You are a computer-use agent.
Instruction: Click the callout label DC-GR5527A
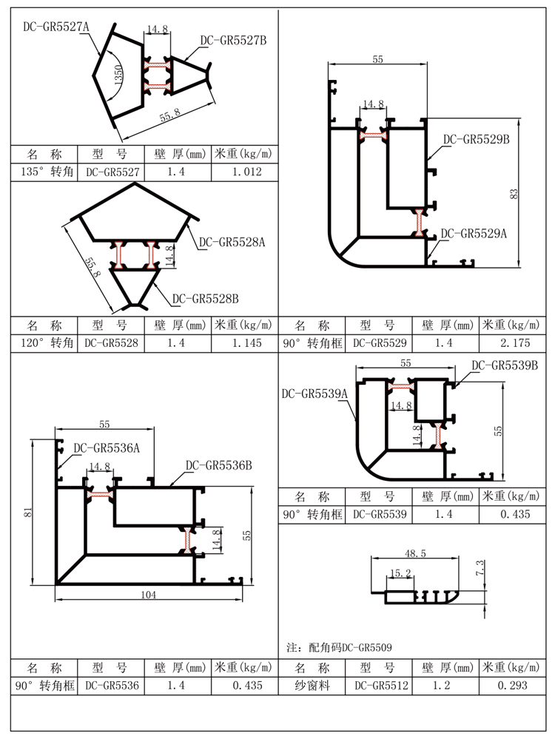pos(55,27)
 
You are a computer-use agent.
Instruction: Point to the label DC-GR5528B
pos(206,299)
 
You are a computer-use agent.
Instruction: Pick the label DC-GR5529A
pos(474,234)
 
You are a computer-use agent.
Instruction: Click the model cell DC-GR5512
pos(381,686)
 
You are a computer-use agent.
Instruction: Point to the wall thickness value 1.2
pos(448,686)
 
